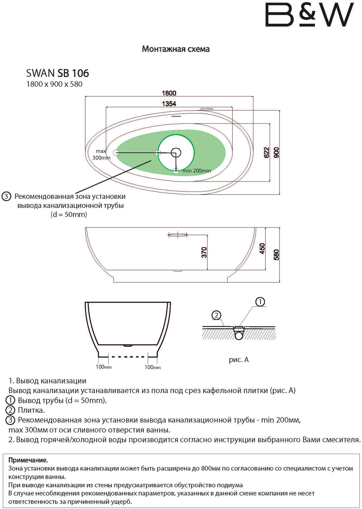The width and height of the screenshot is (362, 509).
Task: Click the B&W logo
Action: coord(309,15)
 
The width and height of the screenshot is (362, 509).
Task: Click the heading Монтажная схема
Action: coord(176,49)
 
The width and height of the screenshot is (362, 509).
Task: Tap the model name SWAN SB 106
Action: coord(57,73)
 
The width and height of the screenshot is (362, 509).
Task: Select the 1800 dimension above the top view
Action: coord(169,93)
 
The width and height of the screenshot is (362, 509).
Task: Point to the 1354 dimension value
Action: coord(169,104)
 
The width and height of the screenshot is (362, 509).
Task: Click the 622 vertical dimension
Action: coord(266,152)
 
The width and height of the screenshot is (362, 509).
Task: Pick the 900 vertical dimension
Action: coord(276,152)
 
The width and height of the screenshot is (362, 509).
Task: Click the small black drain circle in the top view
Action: coord(176,153)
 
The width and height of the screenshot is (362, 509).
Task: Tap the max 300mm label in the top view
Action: coord(101,154)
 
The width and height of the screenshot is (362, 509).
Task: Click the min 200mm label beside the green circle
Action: coord(197,171)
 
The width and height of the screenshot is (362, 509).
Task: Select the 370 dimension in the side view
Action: coord(204,252)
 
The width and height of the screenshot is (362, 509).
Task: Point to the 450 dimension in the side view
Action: coord(262,248)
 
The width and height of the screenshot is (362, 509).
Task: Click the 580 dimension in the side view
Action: coord(276,255)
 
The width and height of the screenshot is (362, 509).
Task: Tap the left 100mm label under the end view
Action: coord(104,367)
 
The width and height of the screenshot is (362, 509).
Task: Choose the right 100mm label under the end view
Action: coord(153,367)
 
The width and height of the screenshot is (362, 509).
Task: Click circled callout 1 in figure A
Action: coord(260,302)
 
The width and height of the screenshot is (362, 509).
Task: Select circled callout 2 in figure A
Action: coord(216,316)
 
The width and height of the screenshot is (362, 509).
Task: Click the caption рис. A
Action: coord(239,360)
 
